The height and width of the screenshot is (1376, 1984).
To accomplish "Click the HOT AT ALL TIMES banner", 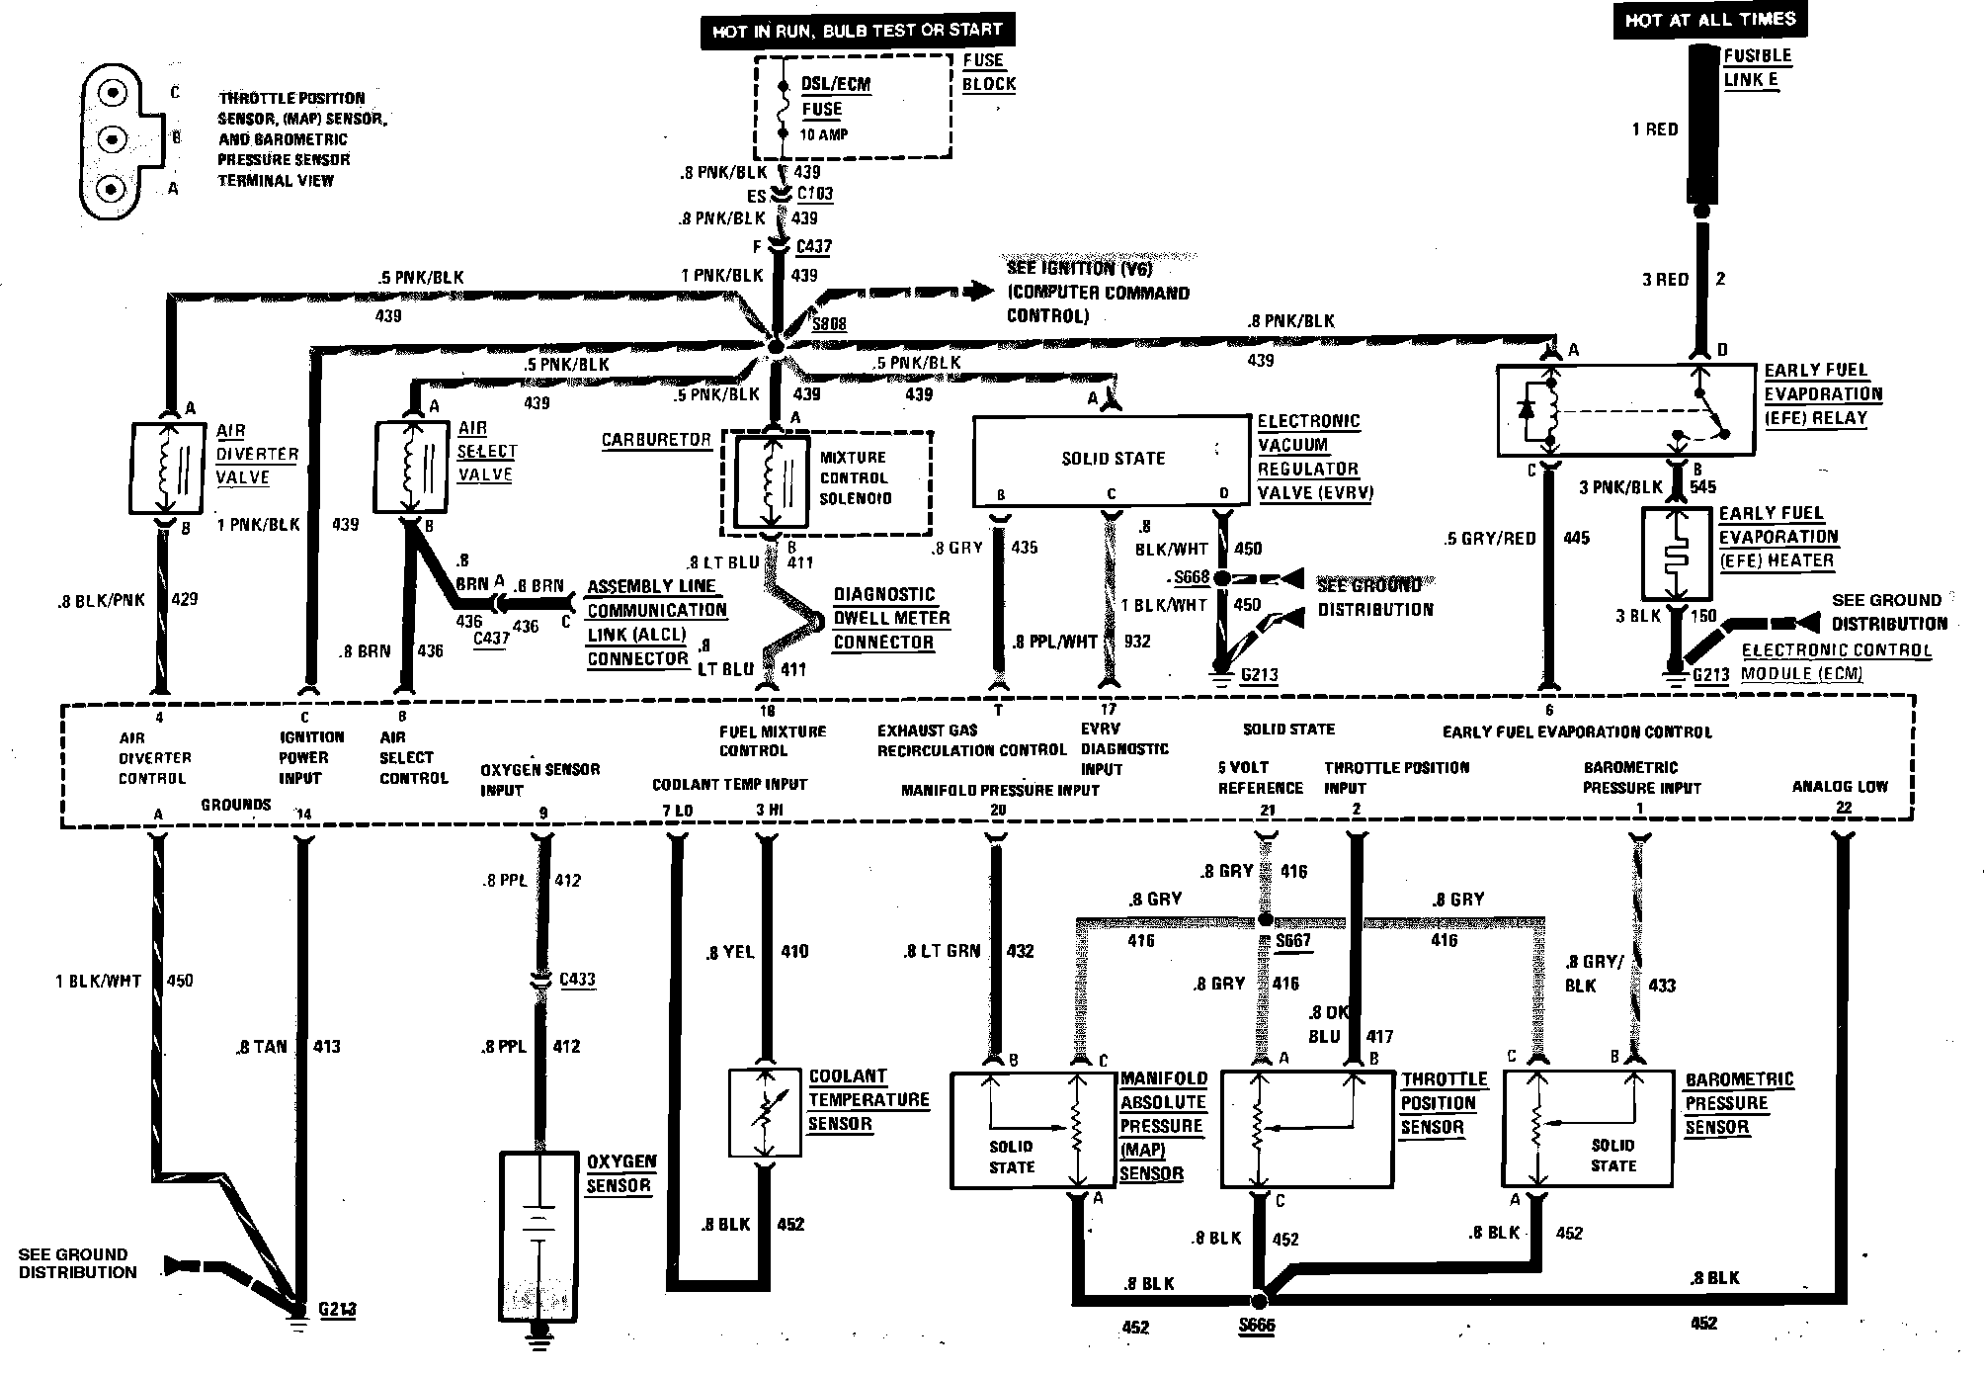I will pos(1710,20).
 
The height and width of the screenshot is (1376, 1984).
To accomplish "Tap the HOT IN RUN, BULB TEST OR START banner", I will pos(857,31).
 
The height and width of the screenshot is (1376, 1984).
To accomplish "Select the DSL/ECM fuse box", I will pos(853,107).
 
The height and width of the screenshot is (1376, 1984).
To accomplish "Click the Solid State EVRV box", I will pos(1113,459).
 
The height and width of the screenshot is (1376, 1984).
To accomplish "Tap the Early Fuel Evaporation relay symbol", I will pos(1626,410).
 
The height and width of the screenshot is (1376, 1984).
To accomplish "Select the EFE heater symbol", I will pos(1676,555).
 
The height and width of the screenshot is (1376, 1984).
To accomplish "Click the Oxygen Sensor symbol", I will pos(539,1236).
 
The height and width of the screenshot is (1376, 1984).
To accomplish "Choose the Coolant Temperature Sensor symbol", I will pos(764,1112).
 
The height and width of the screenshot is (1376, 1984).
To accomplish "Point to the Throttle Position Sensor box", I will pos(1307,1129).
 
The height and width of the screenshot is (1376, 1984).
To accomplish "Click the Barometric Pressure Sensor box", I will pos(1587,1129).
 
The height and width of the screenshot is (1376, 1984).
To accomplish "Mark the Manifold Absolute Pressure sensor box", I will pos(1033,1130).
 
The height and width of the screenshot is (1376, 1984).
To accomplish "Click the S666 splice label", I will pos(1258,1326).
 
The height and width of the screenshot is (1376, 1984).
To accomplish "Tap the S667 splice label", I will pos(1292,940).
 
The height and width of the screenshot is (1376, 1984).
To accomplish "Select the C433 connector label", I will pos(578,979).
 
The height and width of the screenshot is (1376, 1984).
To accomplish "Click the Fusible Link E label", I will pos(1757,67).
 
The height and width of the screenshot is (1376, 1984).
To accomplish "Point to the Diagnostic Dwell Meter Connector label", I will pos(891,618).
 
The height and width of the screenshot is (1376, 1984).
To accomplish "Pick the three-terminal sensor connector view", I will pos(119,140).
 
